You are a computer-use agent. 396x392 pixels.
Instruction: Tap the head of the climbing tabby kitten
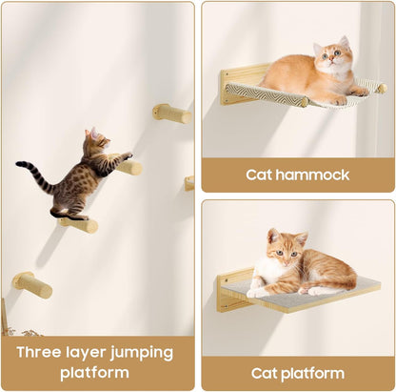tap(95, 144)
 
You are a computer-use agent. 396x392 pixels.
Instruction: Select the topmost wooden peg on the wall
tap(172, 113)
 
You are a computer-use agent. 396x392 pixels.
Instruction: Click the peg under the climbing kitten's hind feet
tap(78, 224)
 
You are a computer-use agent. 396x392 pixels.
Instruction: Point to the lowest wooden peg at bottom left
tap(33, 284)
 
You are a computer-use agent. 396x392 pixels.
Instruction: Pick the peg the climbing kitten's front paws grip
tap(128, 167)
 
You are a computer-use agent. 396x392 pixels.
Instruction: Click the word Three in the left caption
tap(39, 352)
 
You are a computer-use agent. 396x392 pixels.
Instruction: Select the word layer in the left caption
tap(89, 352)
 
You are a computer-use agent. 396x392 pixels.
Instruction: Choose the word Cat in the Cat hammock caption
tap(260, 175)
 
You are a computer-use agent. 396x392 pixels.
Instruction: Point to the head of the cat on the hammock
tap(330, 57)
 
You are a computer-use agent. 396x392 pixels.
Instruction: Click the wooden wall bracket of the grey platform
tap(232, 291)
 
